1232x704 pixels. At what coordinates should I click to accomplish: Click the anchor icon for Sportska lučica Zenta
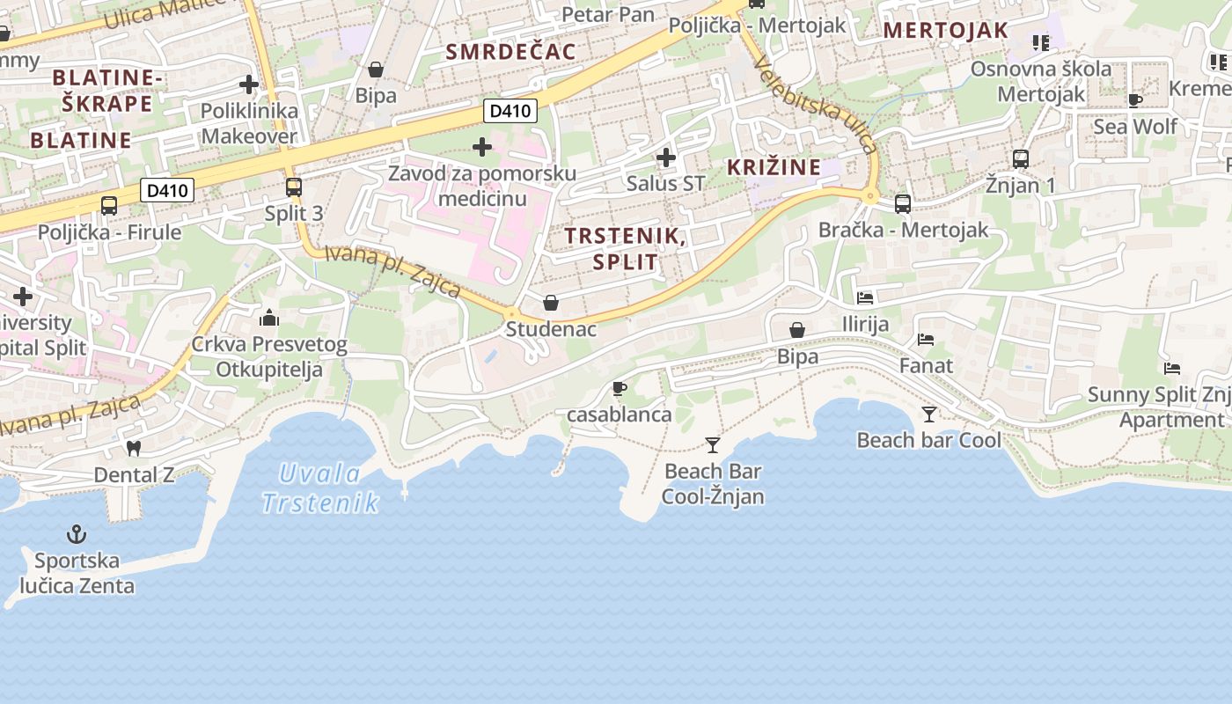tap(77, 534)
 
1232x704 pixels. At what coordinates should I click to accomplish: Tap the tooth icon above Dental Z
tap(134, 448)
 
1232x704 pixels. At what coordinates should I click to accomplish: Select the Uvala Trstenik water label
tap(320, 488)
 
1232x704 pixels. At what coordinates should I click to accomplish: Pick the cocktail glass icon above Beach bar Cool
tap(929, 414)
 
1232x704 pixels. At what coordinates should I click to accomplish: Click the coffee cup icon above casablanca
tap(620, 388)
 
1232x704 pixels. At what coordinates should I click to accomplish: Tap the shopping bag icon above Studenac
tap(551, 303)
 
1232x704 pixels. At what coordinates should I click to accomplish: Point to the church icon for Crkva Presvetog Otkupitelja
tap(269, 317)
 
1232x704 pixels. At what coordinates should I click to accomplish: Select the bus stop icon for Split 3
tap(294, 187)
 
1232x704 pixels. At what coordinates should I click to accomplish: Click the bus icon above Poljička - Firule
tap(109, 206)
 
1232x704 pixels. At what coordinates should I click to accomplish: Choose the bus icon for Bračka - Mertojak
tap(903, 203)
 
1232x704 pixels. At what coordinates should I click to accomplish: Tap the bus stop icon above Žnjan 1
tap(1021, 159)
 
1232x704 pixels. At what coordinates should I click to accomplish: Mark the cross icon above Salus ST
tap(666, 158)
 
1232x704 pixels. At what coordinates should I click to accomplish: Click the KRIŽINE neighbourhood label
tap(774, 167)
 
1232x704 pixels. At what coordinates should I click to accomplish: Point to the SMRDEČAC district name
tap(510, 52)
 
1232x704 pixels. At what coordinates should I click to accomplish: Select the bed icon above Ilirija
tap(865, 298)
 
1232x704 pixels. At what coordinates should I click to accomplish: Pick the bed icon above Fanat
tap(926, 339)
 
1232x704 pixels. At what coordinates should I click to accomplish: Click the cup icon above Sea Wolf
tap(1135, 100)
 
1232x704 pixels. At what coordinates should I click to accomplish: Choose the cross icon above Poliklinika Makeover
tap(249, 85)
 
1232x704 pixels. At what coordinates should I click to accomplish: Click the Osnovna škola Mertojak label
tap(1041, 81)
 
